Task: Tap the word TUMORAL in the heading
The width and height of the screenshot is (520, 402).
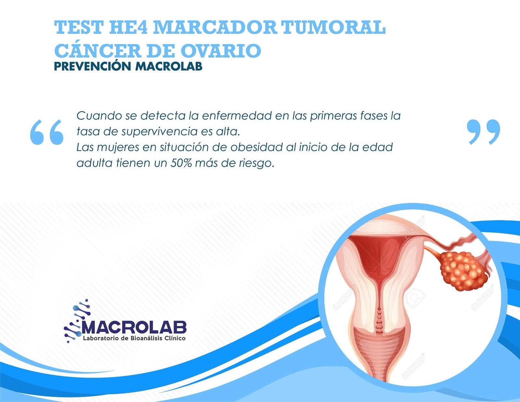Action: pyautogui.click(x=333, y=28)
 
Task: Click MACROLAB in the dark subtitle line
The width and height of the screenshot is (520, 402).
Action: pyautogui.click(x=169, y=67)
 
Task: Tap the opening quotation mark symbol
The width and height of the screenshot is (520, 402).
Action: pyautogui.click(x=47, y=132)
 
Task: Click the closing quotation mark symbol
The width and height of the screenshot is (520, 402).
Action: pyautogui.click(x=484, y=132)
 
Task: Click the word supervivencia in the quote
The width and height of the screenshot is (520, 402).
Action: pyautogui.click(x=159, y=132)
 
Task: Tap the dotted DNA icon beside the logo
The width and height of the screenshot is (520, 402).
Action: pyautogui.click(x=77, y=321)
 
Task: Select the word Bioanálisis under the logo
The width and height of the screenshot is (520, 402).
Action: pyautogui.click(x=142, y=338)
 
